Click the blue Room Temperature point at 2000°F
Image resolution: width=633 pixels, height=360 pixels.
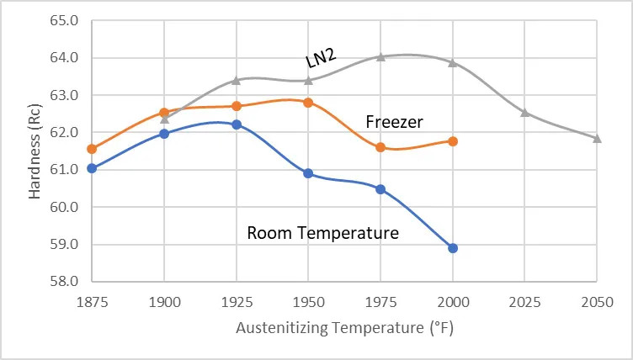click(x=453, y=248)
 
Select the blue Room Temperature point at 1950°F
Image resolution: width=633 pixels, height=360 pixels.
click(x=308, y=173)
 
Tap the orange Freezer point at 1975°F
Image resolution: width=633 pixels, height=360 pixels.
click(x=380, y=147)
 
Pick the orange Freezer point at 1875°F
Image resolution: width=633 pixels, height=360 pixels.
click(x=92, y=149)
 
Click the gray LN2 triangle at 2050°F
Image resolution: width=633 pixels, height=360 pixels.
click(x=597, y=138)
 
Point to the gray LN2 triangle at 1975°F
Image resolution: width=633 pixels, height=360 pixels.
click(x=380, y=57)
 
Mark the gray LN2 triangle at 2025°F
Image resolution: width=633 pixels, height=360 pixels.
click(x=524, y=112)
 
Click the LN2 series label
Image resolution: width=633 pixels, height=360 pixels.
click(x=320, y=58)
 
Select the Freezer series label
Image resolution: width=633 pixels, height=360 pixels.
click(x=394, y=123)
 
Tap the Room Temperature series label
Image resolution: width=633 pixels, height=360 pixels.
click(x=322, y=233)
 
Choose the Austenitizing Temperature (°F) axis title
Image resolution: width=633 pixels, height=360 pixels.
click(x=344, y=327)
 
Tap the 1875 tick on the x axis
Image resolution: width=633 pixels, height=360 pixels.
click(x=92, y=301)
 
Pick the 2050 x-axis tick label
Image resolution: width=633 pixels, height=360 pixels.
click(x=597, y=301)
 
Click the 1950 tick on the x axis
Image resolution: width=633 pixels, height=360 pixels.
click(x=308, y=301)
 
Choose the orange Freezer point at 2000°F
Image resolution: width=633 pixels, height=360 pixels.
click(x=453, y=141)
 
